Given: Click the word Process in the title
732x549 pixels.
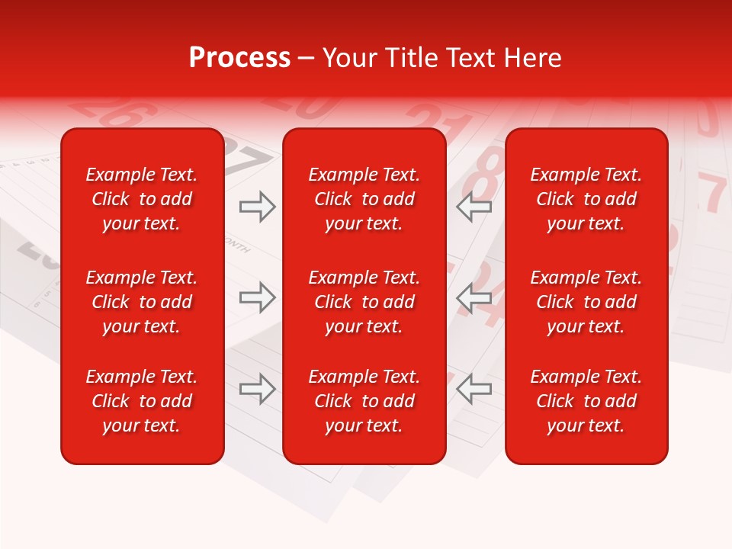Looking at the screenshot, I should click(x=239, y=58).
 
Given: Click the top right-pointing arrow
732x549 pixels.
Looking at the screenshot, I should click(x=258, y=207).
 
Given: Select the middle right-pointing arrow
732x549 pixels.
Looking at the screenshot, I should click(x=258, y=297).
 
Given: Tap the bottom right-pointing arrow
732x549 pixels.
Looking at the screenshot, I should click(x=258, y=388).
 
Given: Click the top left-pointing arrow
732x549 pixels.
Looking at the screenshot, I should click(x=474, y=207).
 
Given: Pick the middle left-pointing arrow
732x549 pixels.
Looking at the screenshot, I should click(x=474, y=297).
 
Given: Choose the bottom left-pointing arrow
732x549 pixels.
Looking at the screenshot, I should click(x=474, y=388).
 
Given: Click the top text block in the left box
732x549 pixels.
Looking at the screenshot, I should click(x=142, y=199).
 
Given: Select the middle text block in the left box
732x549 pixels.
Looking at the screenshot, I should click(x=142, y=302).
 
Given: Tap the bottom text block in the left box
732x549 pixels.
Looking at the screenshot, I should click(x=142, y=401).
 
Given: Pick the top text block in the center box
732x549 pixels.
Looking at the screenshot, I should click(x=364, y=199).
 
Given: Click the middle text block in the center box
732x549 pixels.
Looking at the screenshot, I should click(x=364, y=302).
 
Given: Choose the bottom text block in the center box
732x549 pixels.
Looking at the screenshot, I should click(x=364, y=401).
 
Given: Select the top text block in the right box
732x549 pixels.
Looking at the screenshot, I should click(x=586, y=199).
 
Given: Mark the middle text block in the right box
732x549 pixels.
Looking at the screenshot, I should click(x=586, y=302).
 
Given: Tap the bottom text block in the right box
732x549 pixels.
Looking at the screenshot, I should click(x=586, y=401).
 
